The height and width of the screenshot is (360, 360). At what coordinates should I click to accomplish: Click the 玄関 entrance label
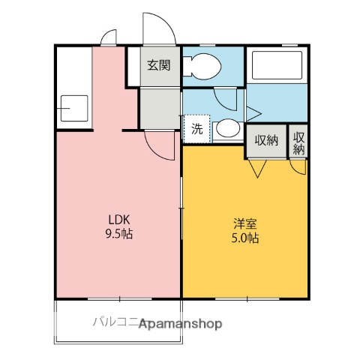click(x=158, y=64)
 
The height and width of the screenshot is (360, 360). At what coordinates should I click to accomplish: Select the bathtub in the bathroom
click(x=277, y=65)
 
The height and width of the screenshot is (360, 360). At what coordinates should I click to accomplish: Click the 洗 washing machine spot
click(x=196, y=129)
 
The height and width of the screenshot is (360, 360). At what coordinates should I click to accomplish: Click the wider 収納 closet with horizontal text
click(x=266, y=140)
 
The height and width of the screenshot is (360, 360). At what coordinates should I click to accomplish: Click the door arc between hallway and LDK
click(x=159, y=145)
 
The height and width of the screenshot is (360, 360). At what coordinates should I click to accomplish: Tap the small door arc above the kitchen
click(x=109, y=38)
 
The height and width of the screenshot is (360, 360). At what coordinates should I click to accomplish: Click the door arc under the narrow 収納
click(x=299, y=167)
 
